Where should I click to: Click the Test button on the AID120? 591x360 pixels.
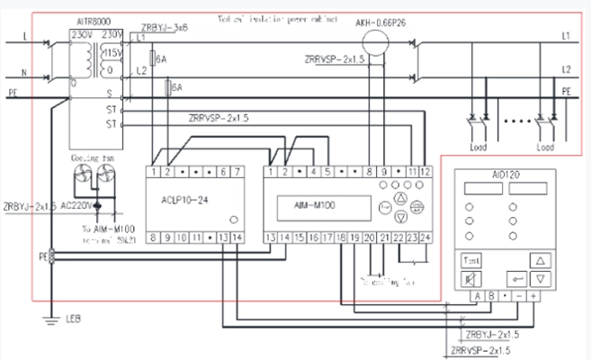point(472,260)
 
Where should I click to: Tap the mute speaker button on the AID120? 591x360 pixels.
point(472,279)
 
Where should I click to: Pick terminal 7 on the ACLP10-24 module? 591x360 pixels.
point(236,171)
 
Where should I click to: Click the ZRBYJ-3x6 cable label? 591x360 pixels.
point(164,29)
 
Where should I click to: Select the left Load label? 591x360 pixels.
point(479,145)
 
